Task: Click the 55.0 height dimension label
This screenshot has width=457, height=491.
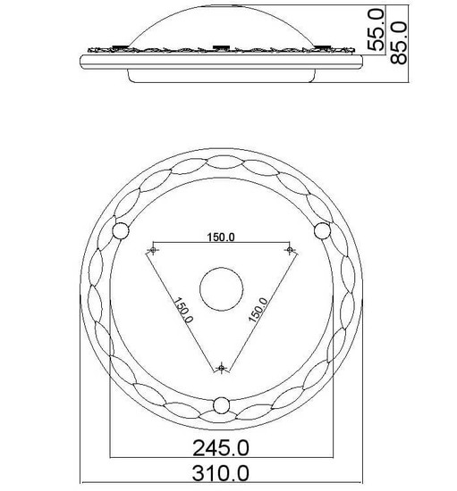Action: (376, 29)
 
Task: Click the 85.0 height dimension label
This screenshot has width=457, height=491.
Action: (399, 43)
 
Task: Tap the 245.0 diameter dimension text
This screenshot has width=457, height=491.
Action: (221, 448)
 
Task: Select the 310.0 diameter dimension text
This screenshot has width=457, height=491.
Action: (221, 473)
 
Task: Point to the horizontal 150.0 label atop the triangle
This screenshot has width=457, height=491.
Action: (221, 237)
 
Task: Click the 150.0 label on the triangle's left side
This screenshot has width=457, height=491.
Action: (183, 310)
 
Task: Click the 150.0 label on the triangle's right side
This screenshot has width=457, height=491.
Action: (258, 310)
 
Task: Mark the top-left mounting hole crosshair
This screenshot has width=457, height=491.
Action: (153, 250)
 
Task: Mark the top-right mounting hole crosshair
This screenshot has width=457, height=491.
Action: (290, 250)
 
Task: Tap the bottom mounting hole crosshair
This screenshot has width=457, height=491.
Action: (222, 368)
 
